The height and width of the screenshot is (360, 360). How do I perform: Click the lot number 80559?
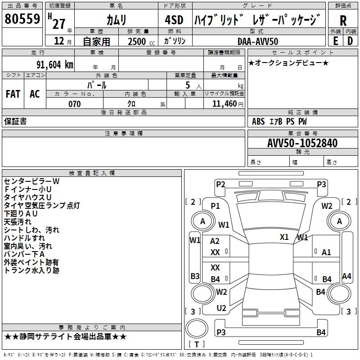pos(22,18)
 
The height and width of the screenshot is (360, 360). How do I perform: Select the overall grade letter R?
pos(343,21)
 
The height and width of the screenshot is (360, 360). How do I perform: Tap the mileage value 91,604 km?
pos(54,65)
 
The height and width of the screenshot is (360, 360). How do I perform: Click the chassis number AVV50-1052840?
pos(302,143)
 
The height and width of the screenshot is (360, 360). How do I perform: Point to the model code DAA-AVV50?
pos(258,41)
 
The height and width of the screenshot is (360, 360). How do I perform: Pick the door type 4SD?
pos(174,20)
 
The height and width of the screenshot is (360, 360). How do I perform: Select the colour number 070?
pos(75,104)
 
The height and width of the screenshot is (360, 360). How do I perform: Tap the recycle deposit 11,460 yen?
pos(228,104)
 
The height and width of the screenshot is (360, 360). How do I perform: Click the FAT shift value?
pos(13,94)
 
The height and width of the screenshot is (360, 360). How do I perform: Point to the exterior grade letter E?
pos(336,41)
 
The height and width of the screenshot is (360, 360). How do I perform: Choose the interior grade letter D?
pos(350,41)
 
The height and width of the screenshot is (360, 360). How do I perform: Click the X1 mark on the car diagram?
pos(284,237)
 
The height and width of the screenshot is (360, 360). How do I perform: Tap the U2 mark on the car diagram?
pos(221,308)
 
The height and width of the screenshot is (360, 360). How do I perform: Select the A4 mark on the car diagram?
pos(346,276)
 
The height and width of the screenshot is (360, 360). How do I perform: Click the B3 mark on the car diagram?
pos(195,276)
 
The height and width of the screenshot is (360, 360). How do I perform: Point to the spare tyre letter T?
pos(197,344)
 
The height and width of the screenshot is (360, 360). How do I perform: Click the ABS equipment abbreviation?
pos(258,121)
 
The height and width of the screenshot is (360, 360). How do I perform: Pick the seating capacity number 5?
pos(188,85)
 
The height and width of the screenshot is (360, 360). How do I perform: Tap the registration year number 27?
pos(59,24)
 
